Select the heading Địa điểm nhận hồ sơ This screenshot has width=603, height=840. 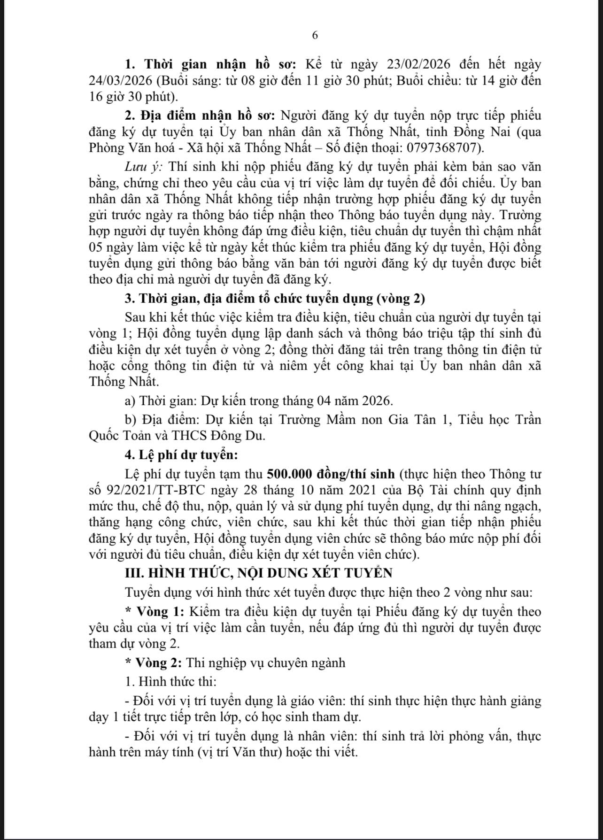point(206,116)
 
